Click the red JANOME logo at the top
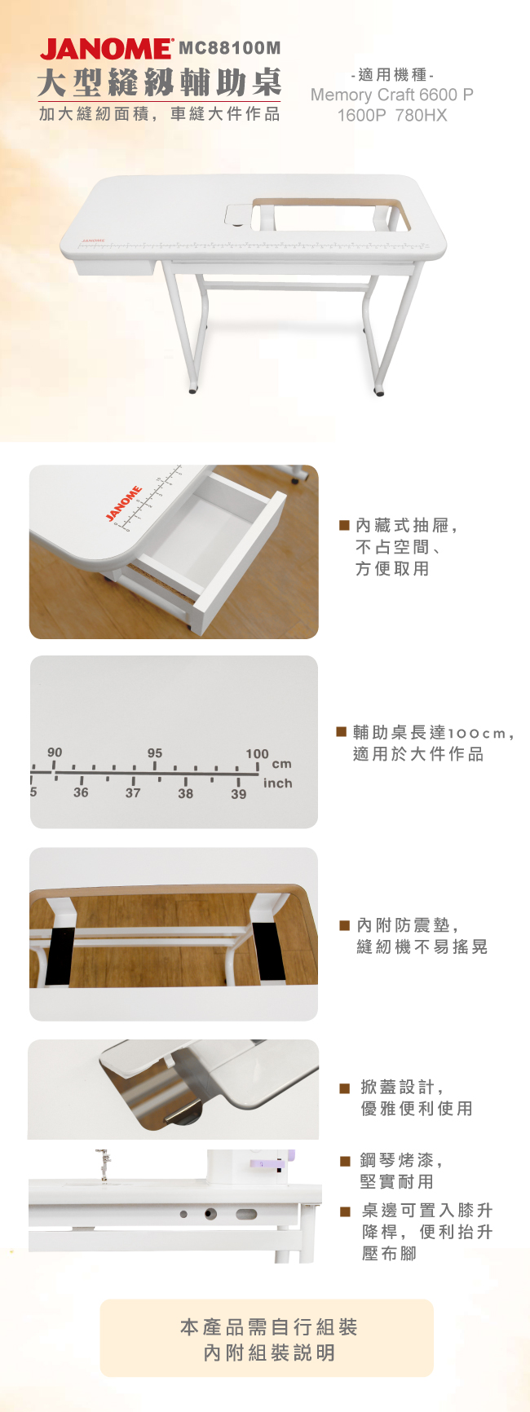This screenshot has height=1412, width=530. [x=106, y=49]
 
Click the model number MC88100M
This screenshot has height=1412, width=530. [x=229, y=49]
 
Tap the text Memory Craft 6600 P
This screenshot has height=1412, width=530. [x=391, y=95]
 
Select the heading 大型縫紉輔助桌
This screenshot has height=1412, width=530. [x=160, y=83]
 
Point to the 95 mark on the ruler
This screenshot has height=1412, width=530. [x=155, y=752]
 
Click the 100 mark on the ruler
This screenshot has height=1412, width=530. [x=257, y=754]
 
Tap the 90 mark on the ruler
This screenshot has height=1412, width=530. [x=55, y=752]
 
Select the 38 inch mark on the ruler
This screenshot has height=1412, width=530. [x=186, y=793]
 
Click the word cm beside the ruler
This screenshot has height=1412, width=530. [x=281, y=764]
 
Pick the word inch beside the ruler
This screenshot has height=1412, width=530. [x=277, y=783]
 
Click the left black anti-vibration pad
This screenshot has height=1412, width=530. [x=60, y=955]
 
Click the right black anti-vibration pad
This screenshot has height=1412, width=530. [x=268, y=951]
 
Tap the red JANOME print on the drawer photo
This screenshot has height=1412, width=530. [x=124, y=503]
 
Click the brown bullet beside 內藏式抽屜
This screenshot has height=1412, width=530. [x=344, y=526]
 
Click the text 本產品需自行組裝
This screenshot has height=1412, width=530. [x=269, y=1327]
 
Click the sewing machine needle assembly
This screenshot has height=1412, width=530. [x=104, y=1163]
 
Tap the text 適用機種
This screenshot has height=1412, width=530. [x=392, y=75]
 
